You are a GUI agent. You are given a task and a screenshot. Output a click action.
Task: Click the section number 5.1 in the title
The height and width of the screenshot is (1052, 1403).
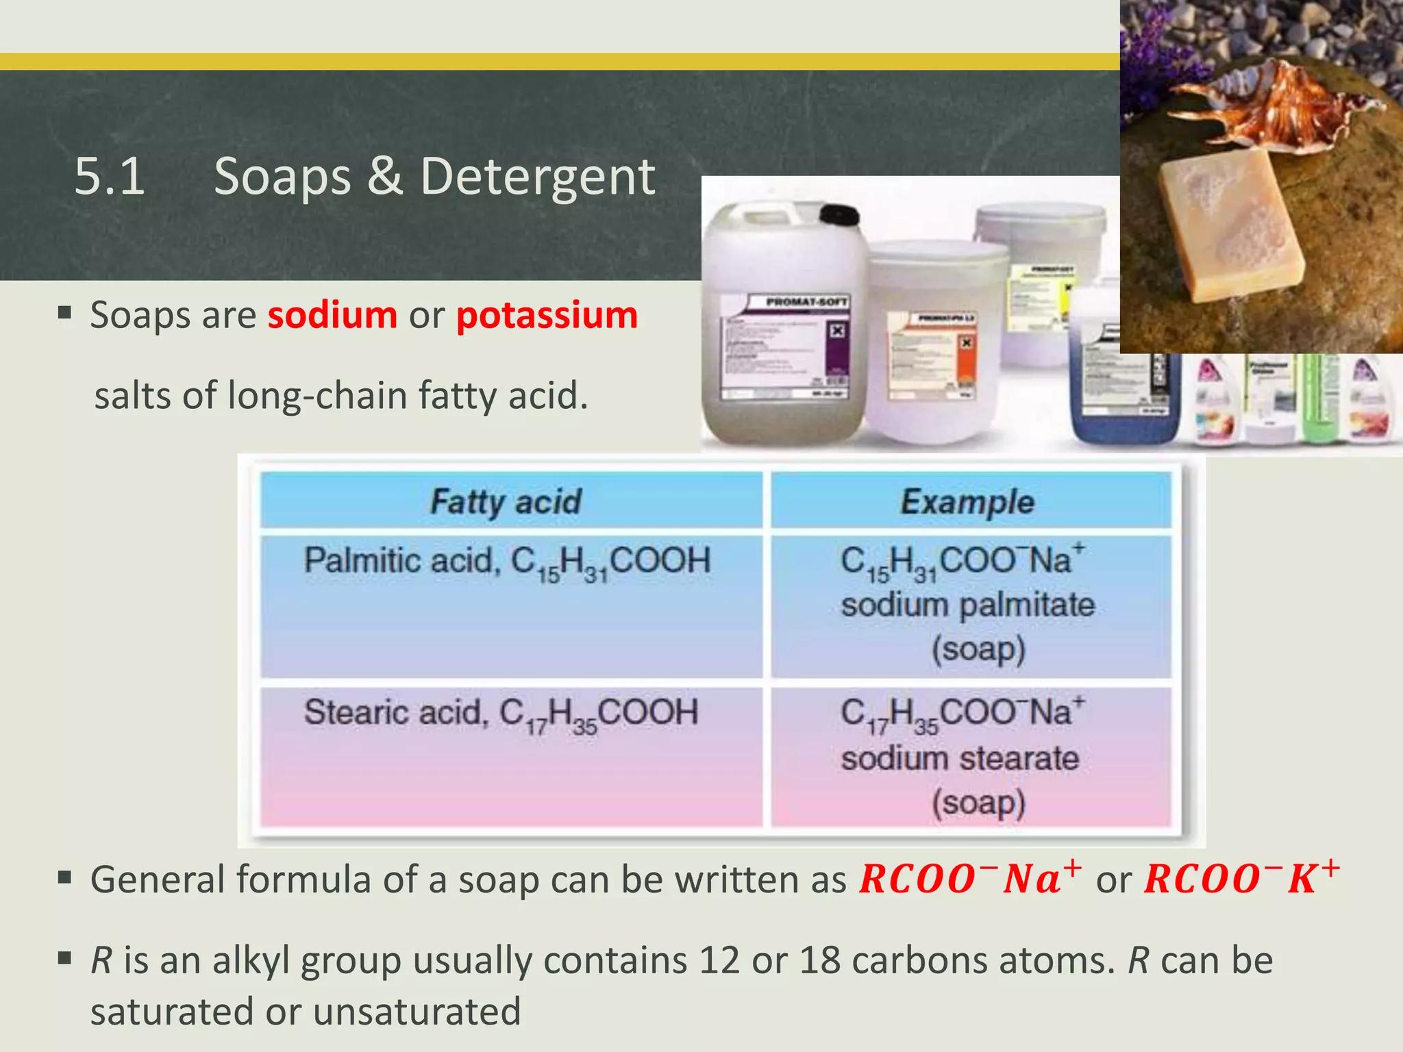(x=110, y=177)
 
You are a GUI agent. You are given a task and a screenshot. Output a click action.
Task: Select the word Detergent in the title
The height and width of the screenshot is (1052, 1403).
(x=538, y=177)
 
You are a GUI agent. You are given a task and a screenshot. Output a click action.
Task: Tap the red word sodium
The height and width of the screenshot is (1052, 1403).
(x=332, y=316)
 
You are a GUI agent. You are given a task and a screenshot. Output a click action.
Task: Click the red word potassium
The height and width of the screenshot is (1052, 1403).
(x=547, y=316)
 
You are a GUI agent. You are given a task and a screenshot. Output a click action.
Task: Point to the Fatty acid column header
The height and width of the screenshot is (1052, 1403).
(x=506, y=501)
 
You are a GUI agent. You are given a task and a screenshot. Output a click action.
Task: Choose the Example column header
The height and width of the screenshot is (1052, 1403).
(x=967, y=501)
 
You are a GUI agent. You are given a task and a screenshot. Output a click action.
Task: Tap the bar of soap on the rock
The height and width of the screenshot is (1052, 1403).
(x=1230, y=226)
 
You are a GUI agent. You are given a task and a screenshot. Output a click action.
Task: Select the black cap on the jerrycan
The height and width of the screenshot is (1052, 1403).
(x=839, y=214)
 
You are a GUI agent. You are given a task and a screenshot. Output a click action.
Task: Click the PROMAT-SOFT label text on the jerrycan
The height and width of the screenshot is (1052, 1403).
(x=807, y=302)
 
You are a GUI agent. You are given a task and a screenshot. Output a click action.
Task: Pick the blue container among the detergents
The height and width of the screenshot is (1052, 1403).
(x=1123, y=397)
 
